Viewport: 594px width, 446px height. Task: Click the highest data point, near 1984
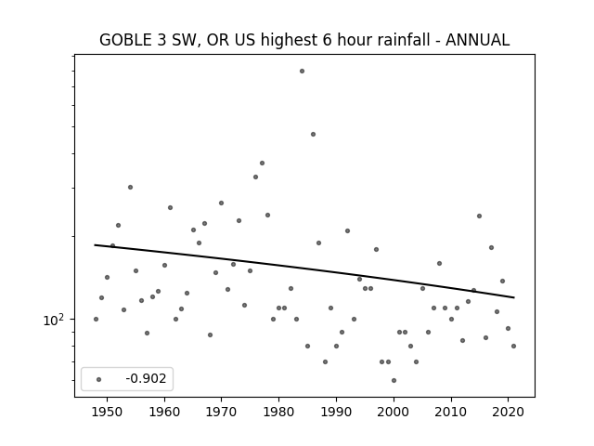(x=302, y=71)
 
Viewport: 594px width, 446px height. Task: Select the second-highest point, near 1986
(x=314, y=134)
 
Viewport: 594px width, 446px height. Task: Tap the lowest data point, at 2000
(x=394, y=380)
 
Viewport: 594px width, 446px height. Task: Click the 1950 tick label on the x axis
(x=108, y=412)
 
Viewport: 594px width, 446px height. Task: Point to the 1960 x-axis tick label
(x=164, y=412)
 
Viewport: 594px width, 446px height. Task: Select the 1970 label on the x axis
(x=221, y=412)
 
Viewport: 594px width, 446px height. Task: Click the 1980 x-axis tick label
(x=278, y=412)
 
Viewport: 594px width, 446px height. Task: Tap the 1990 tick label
(x=336, y=412)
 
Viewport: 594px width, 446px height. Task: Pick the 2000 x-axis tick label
(x=394, y=412)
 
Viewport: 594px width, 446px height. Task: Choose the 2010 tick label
(x=451, y=412)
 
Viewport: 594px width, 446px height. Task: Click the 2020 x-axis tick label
(x=509, y=412)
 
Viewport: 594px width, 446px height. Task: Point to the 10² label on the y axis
(x=54, y=320)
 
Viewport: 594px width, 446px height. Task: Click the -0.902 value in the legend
(x=146, y=378)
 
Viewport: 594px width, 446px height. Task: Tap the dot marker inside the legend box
(x=99, y=379)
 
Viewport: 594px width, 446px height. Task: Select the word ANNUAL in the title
(x=477, y=40)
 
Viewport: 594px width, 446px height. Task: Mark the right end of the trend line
(x=514, y=297)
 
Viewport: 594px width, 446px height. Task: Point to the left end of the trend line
(x=95, y=245)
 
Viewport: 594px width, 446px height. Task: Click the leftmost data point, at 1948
(x=96, y=320)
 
